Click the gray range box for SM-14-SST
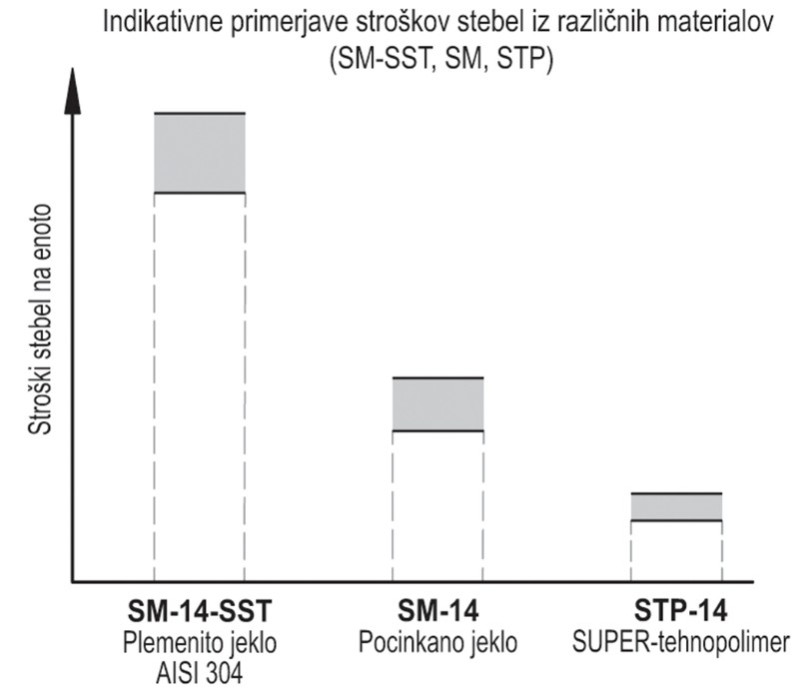point(200,153)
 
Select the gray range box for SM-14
point(437,404)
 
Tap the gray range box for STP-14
point(676,507)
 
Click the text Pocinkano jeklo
point(437,642)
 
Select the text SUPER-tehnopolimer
point(676,642)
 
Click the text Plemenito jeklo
point(200,642)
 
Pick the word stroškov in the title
point(384,21)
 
